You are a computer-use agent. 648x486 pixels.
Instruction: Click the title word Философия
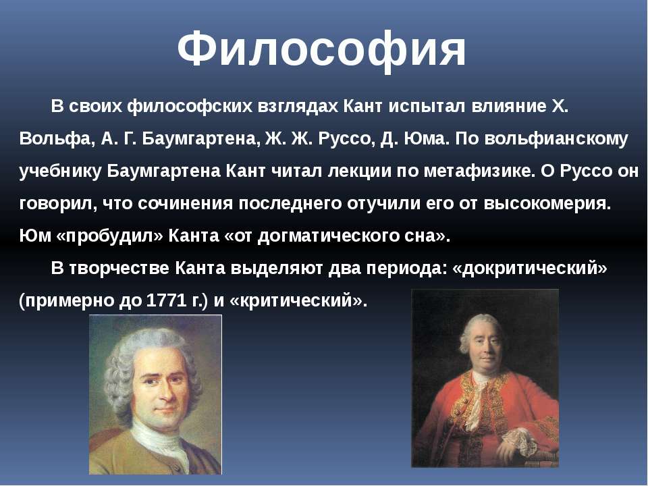click(321, 49)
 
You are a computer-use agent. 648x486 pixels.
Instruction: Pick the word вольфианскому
click(556, 140)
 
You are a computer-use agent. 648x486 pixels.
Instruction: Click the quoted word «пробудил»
click(109, 236)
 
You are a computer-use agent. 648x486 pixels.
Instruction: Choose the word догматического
click(325, 236)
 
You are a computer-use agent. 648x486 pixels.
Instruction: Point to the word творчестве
click(119, 269)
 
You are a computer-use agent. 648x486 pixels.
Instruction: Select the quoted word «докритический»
click(531, 269)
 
